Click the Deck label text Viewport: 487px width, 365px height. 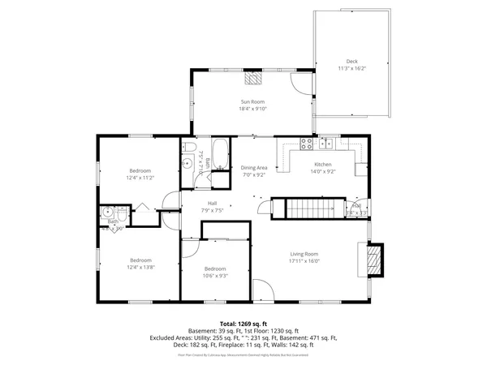tap(351, 62)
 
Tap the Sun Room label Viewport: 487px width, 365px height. tap(252, 101)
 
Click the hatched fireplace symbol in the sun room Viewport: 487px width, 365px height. tap(254, 78)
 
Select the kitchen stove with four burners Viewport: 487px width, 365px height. tap(308, 144)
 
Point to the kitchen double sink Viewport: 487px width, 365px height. tap(326, 144)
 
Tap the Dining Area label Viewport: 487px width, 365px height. tap(253, 167)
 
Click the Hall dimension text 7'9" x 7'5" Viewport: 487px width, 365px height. tap(212, 210)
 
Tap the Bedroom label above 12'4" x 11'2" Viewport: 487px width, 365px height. tap(140, 170)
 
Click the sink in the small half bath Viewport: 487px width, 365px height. tap(106, 213)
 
